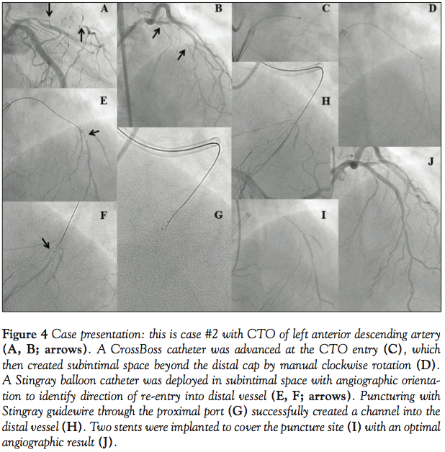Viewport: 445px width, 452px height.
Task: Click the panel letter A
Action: point(104,9)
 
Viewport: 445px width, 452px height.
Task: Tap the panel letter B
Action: point(217,9)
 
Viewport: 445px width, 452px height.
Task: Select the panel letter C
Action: point(325,9)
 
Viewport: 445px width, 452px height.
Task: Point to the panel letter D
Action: point(432,9)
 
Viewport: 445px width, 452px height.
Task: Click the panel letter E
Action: point(104,101)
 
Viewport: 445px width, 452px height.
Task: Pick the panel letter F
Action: point(104,214)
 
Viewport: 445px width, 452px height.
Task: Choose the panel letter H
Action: point(325,101)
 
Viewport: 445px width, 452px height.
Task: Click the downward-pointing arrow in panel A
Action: point(49,9)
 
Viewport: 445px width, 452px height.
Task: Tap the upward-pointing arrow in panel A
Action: point(81,34)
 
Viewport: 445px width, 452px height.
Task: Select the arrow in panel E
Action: point(94,132)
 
